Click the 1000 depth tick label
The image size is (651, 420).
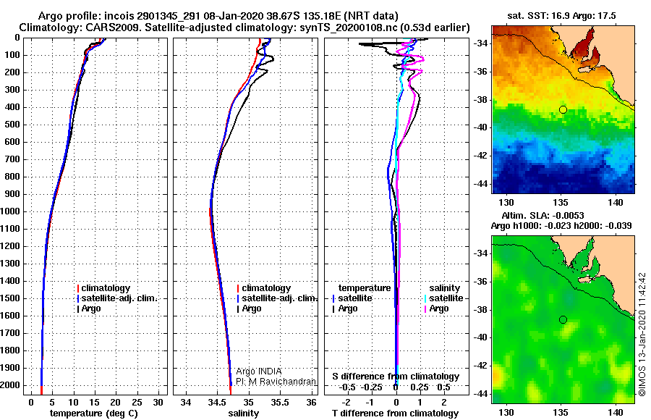[12, 211]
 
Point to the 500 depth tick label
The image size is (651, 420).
[12, 125]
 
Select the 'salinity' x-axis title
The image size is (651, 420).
[244, 413]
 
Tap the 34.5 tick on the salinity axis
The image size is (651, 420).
[217, 401]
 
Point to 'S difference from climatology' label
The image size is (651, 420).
[396, 377]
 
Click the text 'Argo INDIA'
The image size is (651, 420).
[259, 371]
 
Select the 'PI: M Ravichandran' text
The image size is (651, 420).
[276, 382]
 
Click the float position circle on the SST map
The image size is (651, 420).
[563, 109]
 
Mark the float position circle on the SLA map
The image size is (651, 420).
[563, 319]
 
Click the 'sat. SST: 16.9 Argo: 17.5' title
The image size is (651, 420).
[564, 15]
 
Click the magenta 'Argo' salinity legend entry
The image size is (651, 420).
[439, 308]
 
